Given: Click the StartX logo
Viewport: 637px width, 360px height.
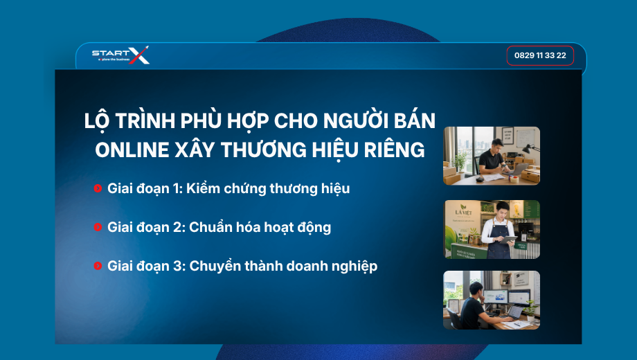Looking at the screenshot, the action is (120, 55).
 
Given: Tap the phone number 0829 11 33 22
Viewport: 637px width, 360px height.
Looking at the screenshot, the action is (540, 55).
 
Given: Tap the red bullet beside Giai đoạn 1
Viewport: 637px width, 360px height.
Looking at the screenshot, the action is (98, 188).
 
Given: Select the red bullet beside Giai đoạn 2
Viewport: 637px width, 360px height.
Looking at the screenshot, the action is (98, 226).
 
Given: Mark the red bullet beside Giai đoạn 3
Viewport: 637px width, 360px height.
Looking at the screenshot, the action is (98, 266).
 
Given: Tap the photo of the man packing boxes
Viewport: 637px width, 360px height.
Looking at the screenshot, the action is (492, 156).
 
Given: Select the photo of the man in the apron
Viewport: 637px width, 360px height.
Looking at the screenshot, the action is (492, 230).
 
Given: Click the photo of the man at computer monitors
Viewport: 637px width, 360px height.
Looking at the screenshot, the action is (492, 300).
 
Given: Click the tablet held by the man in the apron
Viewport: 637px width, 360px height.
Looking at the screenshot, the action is (508, 240).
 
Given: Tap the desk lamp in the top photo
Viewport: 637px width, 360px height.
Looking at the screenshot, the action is (528, 150).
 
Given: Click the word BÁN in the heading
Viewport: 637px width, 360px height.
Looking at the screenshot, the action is (415, 120).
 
